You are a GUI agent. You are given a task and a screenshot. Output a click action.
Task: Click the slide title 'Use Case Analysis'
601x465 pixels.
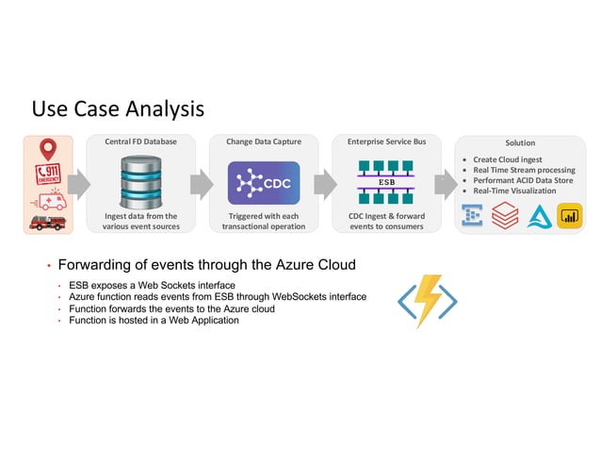(x=118, y=109)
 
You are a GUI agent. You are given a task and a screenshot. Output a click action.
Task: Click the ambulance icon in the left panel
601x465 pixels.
(x=50, y=202)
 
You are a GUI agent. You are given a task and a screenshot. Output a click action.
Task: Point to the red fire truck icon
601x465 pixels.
(x=49, y=223)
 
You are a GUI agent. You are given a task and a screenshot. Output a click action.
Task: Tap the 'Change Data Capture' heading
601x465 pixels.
(x=264, y=141)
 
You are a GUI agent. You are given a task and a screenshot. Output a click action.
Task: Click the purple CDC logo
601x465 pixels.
(x=264, y=182)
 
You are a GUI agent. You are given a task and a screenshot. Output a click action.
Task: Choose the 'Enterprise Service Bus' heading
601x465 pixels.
(x=386, y=141)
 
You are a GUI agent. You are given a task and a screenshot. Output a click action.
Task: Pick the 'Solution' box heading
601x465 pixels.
(x=520, y=142)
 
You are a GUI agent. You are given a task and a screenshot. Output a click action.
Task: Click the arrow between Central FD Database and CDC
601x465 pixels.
(x=201, y=184)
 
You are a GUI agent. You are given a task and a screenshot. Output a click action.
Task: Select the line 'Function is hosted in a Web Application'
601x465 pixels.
(x=154, y=321)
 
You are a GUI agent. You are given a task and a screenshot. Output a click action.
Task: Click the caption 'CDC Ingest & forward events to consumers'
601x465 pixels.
(x=386, y=222)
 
